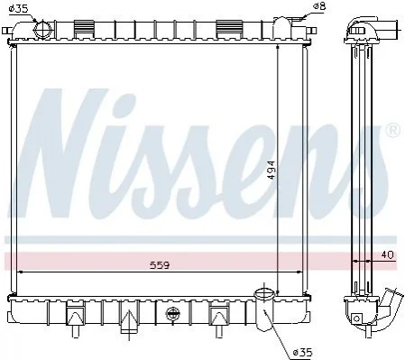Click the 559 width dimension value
point(160,265)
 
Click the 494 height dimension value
point(272,170)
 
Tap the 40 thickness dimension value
point(387,255)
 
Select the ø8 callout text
point(319,6)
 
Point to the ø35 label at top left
point(18,8)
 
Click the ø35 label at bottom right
point(303,352)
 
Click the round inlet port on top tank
point(42,29)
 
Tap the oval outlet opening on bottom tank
point(264,292)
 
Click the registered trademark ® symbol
point(393,131)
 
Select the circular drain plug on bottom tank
point(172,314)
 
